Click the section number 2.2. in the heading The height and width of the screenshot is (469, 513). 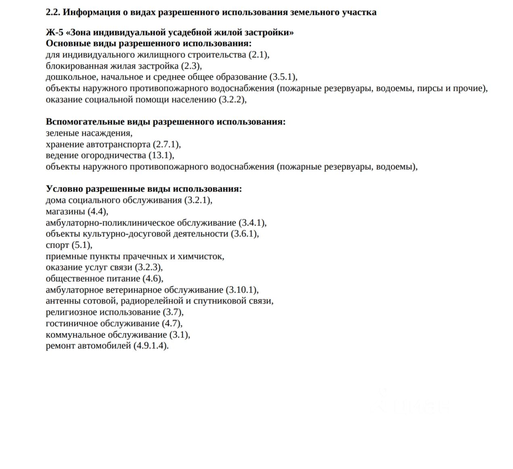click(53, 12)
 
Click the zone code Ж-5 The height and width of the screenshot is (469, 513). click(54, 32)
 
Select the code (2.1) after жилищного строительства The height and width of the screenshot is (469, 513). click(258, 55)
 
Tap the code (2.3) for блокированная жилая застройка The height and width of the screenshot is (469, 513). click(190, 66)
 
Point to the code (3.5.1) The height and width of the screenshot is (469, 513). click(283, 77)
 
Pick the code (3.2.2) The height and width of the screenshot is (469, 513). click(232, 99)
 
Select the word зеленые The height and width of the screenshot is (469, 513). click(63, 133)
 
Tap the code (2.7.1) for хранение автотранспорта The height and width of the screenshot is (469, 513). click(166, 144)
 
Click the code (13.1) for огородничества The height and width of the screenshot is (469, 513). click(161, 156)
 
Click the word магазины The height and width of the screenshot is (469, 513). click(65, 211)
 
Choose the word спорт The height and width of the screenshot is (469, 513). click(57, 245)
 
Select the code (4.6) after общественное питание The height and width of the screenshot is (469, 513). click(152, 279)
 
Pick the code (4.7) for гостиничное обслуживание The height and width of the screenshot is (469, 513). click(171, 324)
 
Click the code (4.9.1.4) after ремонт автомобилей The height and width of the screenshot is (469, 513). click(150, 346)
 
